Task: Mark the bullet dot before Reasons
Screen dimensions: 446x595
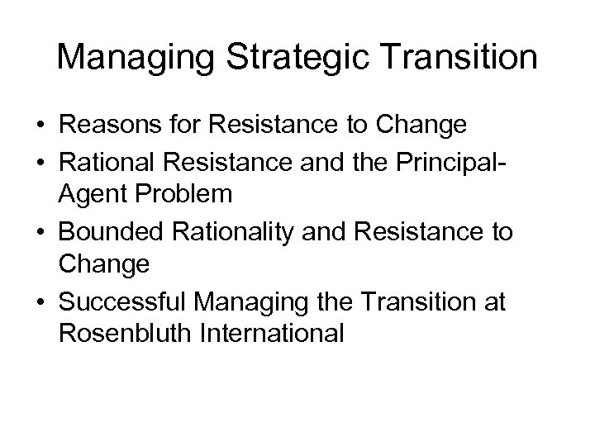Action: (40, 126)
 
